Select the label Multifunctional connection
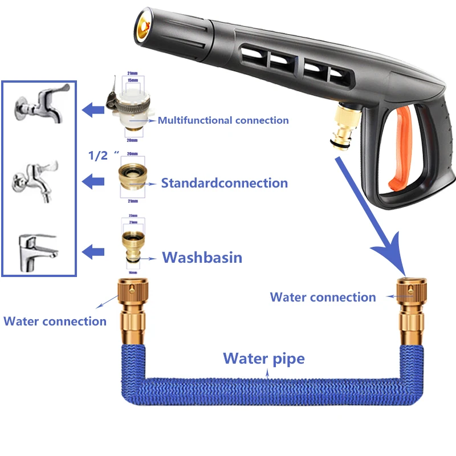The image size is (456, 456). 223,120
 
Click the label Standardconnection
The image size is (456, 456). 224,183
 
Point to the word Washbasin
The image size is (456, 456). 202,258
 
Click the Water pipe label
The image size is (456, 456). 263,359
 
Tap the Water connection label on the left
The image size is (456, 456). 55,321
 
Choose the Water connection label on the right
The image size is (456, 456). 323,297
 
